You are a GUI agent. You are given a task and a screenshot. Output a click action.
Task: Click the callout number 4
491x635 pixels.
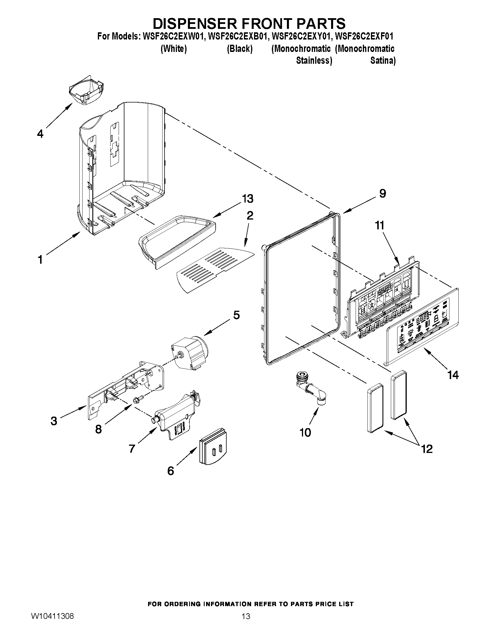[40, 134]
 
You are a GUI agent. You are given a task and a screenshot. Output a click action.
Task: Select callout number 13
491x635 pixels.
[248, 198]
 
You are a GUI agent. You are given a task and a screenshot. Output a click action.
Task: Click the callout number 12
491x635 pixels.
[427, 449]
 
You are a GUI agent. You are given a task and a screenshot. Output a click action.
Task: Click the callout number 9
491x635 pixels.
[382, 193]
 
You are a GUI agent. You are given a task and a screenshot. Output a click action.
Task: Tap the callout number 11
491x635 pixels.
[380, 225]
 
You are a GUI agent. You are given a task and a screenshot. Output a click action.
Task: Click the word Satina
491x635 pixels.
[383, 61]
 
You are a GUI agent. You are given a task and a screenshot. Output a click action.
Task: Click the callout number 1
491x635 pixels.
[40, 260]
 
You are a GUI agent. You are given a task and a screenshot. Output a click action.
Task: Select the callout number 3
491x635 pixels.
[54, 421]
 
